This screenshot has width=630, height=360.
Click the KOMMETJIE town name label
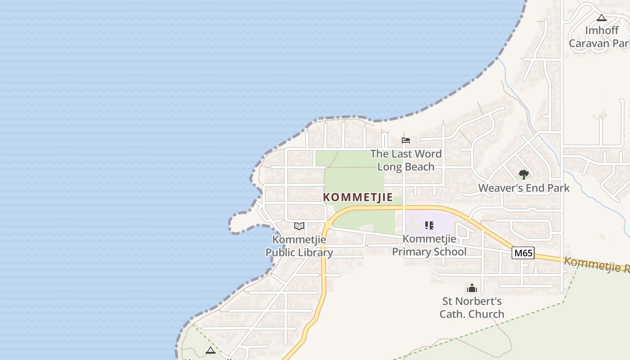coord(358,198)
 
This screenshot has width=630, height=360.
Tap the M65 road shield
coord(523,253)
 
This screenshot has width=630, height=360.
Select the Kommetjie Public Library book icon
coord(299,226)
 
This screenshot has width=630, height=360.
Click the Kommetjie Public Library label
coord(299,246)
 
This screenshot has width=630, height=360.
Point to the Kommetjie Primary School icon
coord(429,225)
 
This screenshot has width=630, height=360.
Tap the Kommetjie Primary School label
coord(429,245)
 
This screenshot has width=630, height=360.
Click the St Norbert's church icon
coord(472,288)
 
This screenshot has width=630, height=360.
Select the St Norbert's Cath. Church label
coord(472,307)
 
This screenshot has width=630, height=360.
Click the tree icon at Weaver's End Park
coord(523,174)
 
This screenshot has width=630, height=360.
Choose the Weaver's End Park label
coord(524,188)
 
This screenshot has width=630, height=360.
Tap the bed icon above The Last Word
coord(406,140)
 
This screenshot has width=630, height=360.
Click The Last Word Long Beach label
coord(406,160)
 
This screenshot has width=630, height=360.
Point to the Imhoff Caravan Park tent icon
coord(602,18)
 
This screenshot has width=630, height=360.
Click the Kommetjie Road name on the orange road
coord(594,265)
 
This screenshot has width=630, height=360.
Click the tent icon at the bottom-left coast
coord(211,350)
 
